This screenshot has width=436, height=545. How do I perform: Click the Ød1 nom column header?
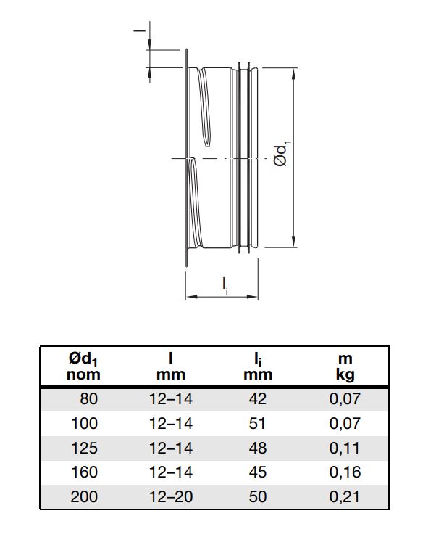[83, 366]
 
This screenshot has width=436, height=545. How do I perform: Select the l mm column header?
[171, 366]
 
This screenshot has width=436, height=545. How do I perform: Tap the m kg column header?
[345, 367]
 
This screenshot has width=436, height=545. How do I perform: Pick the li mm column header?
[258, 366]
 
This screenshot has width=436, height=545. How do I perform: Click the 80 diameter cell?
[89, 398]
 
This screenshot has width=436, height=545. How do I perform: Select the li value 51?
[257, 423]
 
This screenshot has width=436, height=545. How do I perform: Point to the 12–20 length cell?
[171, 496]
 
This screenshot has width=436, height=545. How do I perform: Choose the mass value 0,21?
[345, 496]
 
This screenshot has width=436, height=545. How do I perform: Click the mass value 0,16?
[345, 472]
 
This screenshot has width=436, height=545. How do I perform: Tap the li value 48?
[257, 448]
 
